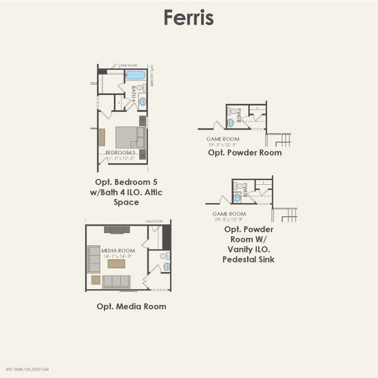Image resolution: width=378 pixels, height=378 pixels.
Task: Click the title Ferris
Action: [x=188, y=18]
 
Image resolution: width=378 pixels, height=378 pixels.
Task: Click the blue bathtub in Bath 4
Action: [x=135, y=75]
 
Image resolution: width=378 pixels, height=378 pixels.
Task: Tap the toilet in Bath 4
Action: [x=143, y=88]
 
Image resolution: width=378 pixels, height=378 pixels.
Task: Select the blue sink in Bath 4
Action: [x=142, y=101]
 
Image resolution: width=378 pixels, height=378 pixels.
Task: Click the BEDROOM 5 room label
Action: [x=120, y=152]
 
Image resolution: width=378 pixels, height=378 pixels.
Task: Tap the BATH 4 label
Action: [x=134, y=94]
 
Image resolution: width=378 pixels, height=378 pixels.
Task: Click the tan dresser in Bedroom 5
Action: [x=101, y=137]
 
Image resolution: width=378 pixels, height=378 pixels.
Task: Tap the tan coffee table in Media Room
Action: [x=116, y=264]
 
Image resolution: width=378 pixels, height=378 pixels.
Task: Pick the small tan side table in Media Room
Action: [x=96, y=280]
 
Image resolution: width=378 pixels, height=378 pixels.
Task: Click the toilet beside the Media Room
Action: [x=164, y=256]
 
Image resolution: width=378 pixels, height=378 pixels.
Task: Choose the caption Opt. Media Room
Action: [x=132, y=307]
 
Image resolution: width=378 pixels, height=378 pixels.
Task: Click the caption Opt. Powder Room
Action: [x=244, y=152]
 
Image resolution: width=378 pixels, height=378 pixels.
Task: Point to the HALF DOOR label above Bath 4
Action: [x=129, y=65]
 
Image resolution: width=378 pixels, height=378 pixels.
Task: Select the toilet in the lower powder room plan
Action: [x=241, y=186]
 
